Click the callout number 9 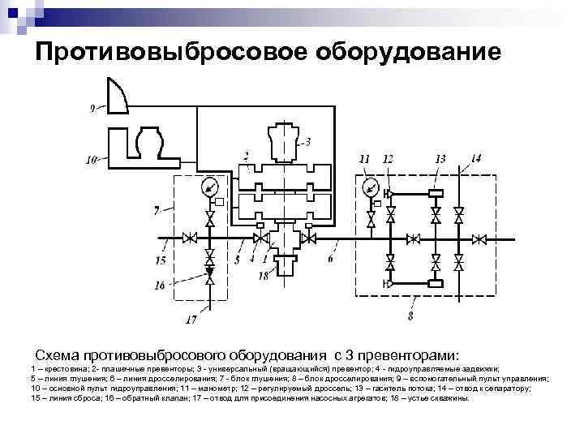tap(92, 107)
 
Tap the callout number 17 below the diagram tap(191, 320)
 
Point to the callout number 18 tap(263, 277)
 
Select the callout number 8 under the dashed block tap(411, 314)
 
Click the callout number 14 tap(475, 158)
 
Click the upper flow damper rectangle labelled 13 tap(436, 192)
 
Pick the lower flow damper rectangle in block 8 tap(436, 283)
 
